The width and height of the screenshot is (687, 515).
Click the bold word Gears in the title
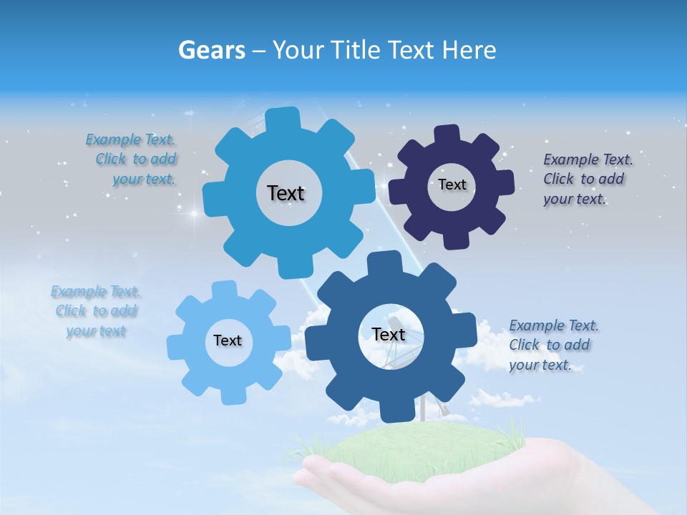pos(211,50)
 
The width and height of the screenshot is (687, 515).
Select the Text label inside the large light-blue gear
pos(286,193)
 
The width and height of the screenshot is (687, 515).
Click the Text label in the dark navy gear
pos(452,185)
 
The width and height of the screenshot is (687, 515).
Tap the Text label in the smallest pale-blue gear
pos(227,340)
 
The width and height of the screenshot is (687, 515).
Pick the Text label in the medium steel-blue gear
pos(388,334)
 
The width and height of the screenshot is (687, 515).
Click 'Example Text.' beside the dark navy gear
pos(588,160)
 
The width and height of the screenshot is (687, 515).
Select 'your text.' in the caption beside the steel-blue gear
pos(540,365)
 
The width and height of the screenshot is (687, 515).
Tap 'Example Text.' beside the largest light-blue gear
pos(130,139)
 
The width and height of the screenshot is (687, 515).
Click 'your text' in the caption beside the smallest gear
pos(96,330)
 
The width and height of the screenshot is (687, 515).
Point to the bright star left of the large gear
pos(193,213)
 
